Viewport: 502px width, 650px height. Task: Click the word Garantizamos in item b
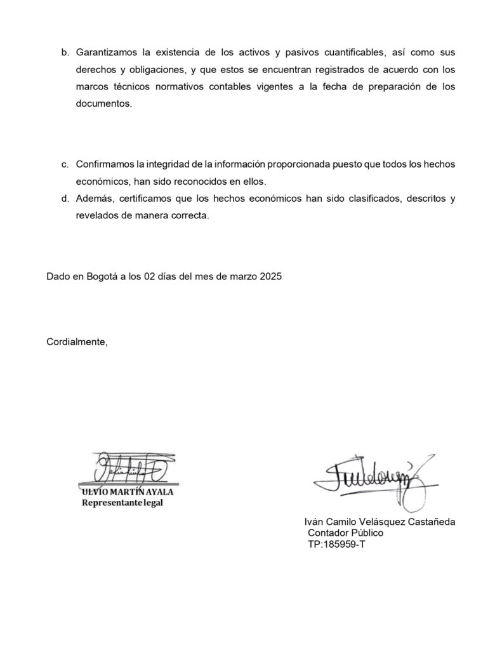105,52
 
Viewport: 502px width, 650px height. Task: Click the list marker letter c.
65,164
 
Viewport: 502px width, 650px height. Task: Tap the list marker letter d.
65,199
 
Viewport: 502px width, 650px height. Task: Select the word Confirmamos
105,164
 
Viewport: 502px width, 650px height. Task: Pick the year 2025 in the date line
270,277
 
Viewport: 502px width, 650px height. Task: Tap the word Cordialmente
77,343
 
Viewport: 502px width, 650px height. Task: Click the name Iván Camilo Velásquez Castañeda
380,522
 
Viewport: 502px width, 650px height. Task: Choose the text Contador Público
345,533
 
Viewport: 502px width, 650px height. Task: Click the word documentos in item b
103,103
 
